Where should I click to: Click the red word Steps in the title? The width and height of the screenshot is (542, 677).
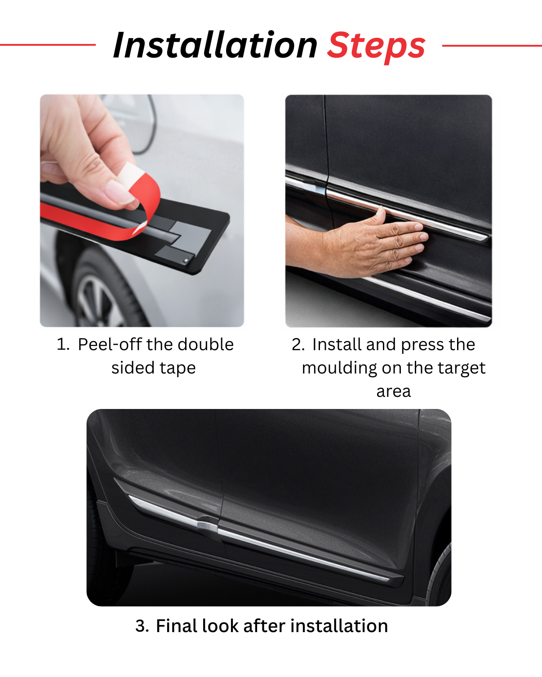click(x=376, y=46)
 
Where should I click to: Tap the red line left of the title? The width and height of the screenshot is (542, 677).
click(x=47, y=45)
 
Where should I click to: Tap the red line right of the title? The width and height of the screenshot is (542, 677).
click(x=492, y=45)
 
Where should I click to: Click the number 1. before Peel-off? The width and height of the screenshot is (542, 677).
click(x=63, y=345)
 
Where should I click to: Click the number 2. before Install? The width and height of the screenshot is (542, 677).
click(x=298, y=345)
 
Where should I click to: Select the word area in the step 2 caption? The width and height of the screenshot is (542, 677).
click(x=393, y=391)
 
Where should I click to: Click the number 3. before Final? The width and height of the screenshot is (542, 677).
click(x=142, y=626)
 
